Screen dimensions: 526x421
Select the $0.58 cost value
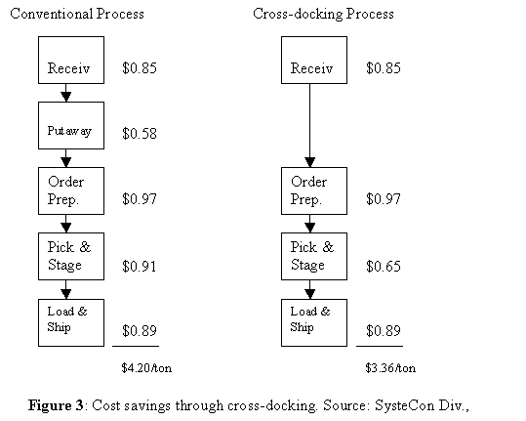click(x=140, y=133)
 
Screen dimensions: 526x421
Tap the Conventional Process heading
click(x=77, y=14)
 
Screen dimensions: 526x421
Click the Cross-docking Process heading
click(x=323, y=14)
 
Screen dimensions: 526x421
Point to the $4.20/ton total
click(x=146, y=368)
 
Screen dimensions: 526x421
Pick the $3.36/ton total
click(x=390, y=368)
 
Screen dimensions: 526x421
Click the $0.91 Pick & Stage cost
click(x=140, y=267)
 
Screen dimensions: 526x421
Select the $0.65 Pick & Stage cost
click(x=384, y=267)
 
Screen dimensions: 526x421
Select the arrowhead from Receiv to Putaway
click(x=66, y=97)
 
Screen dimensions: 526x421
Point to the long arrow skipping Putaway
click(x=309, y=126)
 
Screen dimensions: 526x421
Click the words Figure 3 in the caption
click(x=56, y=405)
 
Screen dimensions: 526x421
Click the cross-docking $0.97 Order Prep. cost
click(x=384, y=198)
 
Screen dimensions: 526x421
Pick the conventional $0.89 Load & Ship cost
click(x=140, y=331)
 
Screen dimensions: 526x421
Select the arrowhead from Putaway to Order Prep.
click(x=66, y=162)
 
